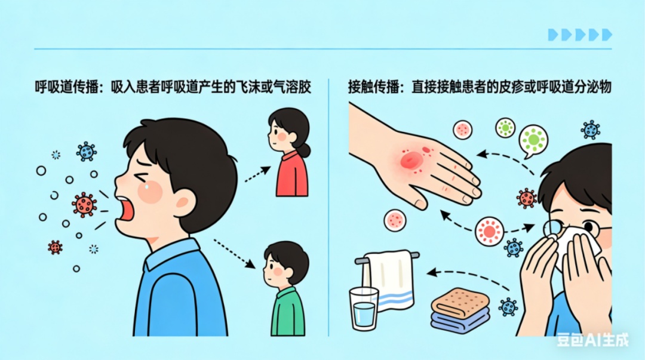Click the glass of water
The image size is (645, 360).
[x=364, y=308]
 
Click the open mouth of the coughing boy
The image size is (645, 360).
[x=126, y=209]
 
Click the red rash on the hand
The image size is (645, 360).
[x=412, y=159]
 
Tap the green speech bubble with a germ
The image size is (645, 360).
[x=533, y=140]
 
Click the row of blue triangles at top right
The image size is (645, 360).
[x=580, y=35]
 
